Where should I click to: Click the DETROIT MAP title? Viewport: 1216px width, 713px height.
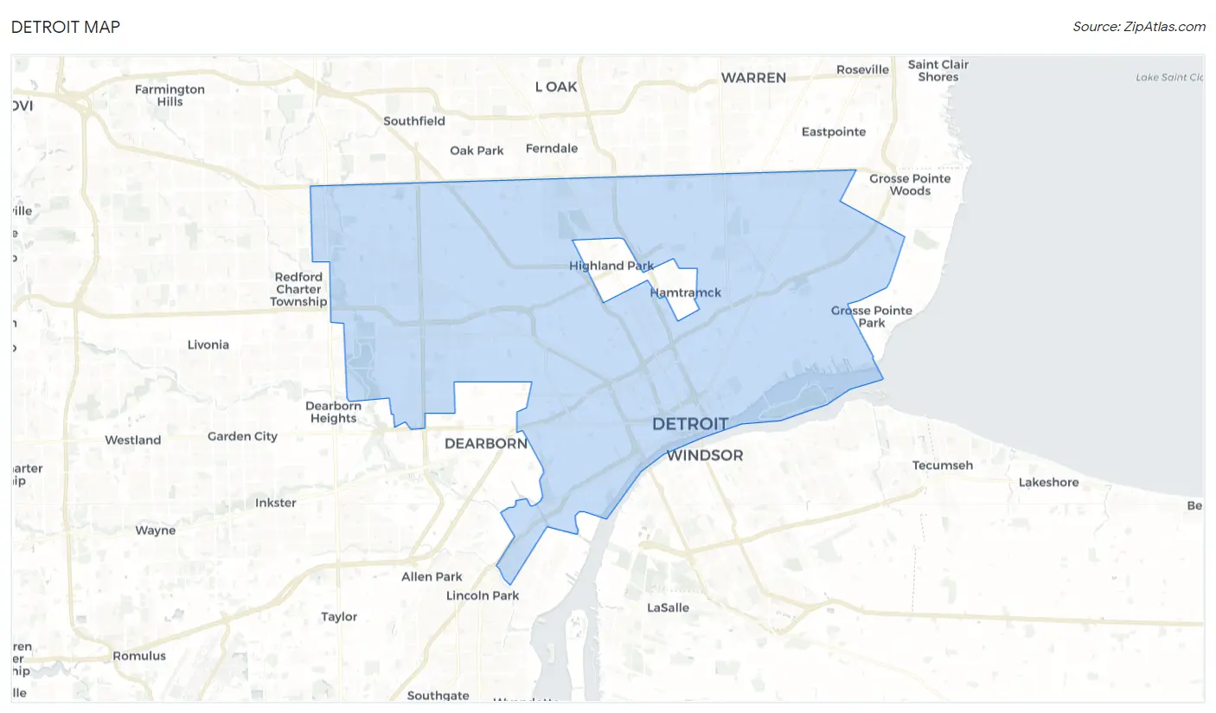(x=66, y=27)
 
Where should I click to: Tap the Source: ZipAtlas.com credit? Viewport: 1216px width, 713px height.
(x=1138, y=27)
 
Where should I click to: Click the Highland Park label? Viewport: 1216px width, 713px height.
(x=611, y=266)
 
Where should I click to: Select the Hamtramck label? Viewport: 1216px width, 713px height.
(x=685, y=292)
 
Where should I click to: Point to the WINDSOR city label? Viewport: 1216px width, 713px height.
(x=704, y=455)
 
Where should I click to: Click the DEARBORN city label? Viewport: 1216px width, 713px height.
(x=485, y=443)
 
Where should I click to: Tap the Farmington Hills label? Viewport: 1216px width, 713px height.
(x=170, y=95)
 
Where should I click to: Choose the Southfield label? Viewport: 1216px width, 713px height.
(x=414, y=121)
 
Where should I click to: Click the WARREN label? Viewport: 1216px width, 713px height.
(x=753, y=78)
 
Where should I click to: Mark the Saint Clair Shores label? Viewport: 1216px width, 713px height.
(x=938, y=71)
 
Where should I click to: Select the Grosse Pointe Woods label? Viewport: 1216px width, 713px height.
(x=910, y=184)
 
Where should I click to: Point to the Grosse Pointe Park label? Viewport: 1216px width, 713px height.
(x=872, y=316)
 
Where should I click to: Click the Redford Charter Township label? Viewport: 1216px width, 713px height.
(x=298, y=289)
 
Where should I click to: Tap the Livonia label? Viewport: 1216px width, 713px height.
(x=208, y=344)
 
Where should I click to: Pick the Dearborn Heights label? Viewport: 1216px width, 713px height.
(x=333, y=412)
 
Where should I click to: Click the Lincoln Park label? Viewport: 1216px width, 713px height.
(x=483, y=595)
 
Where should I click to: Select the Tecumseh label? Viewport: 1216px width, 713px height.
(x=943, y=466)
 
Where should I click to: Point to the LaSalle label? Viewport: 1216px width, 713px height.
(x=669, y=607)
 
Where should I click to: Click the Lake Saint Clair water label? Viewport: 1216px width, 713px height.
(x=1169, y=78)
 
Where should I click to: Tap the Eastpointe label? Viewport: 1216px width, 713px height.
(x=834, y=132)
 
